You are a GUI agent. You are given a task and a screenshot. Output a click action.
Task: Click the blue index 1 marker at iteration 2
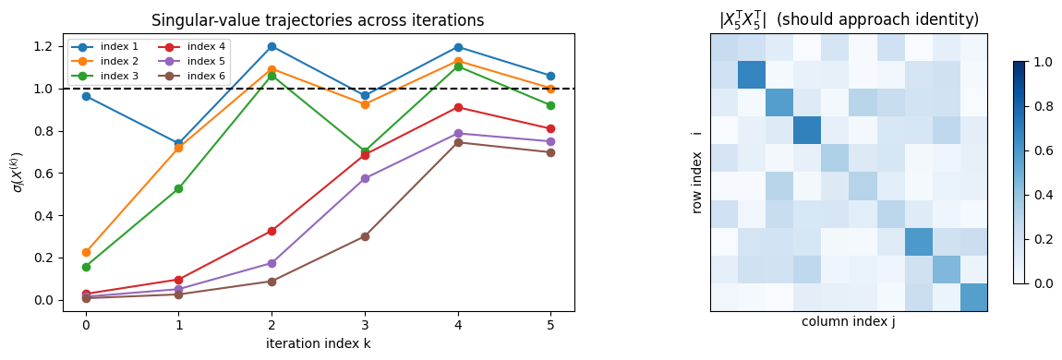point(272,46)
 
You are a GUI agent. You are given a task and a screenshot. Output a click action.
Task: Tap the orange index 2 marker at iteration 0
point(86,252)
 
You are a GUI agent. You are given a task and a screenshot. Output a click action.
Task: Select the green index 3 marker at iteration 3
point(365,151)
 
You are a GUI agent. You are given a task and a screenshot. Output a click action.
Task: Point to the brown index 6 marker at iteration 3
point(365,236)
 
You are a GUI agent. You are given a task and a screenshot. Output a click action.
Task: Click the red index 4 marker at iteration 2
point(272,231)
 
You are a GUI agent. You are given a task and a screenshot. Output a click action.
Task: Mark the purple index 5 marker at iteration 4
point(458,133)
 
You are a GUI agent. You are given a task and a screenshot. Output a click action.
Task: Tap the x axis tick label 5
point(551,325)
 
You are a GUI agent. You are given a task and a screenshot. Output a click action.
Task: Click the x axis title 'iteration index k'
point(319,343)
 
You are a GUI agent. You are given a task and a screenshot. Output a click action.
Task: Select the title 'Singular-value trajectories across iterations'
point(319,20)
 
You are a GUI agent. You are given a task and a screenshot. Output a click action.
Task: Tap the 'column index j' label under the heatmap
point(848,322)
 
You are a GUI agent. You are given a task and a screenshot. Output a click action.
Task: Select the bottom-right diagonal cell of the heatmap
point(972,297)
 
